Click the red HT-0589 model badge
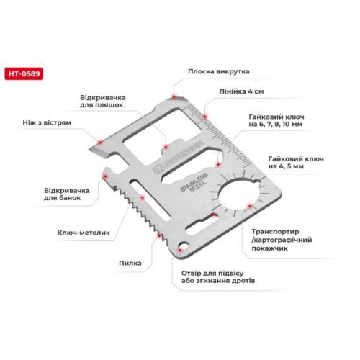24,73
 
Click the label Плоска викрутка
219,71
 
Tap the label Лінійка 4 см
241,91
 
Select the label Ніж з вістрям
47,122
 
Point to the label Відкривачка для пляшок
103,102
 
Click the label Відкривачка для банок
67,194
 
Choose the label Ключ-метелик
84,233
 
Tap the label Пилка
130,263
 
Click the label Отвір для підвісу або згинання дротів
218,277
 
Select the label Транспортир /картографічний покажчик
282,240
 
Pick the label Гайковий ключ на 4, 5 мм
296,163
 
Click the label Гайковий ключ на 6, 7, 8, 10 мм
276,120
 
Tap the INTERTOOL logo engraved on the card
179,158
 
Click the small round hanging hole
184,247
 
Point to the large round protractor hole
238,194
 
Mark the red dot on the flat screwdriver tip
174,96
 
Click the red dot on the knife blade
100,143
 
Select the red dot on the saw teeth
159,236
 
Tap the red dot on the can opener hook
105,176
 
